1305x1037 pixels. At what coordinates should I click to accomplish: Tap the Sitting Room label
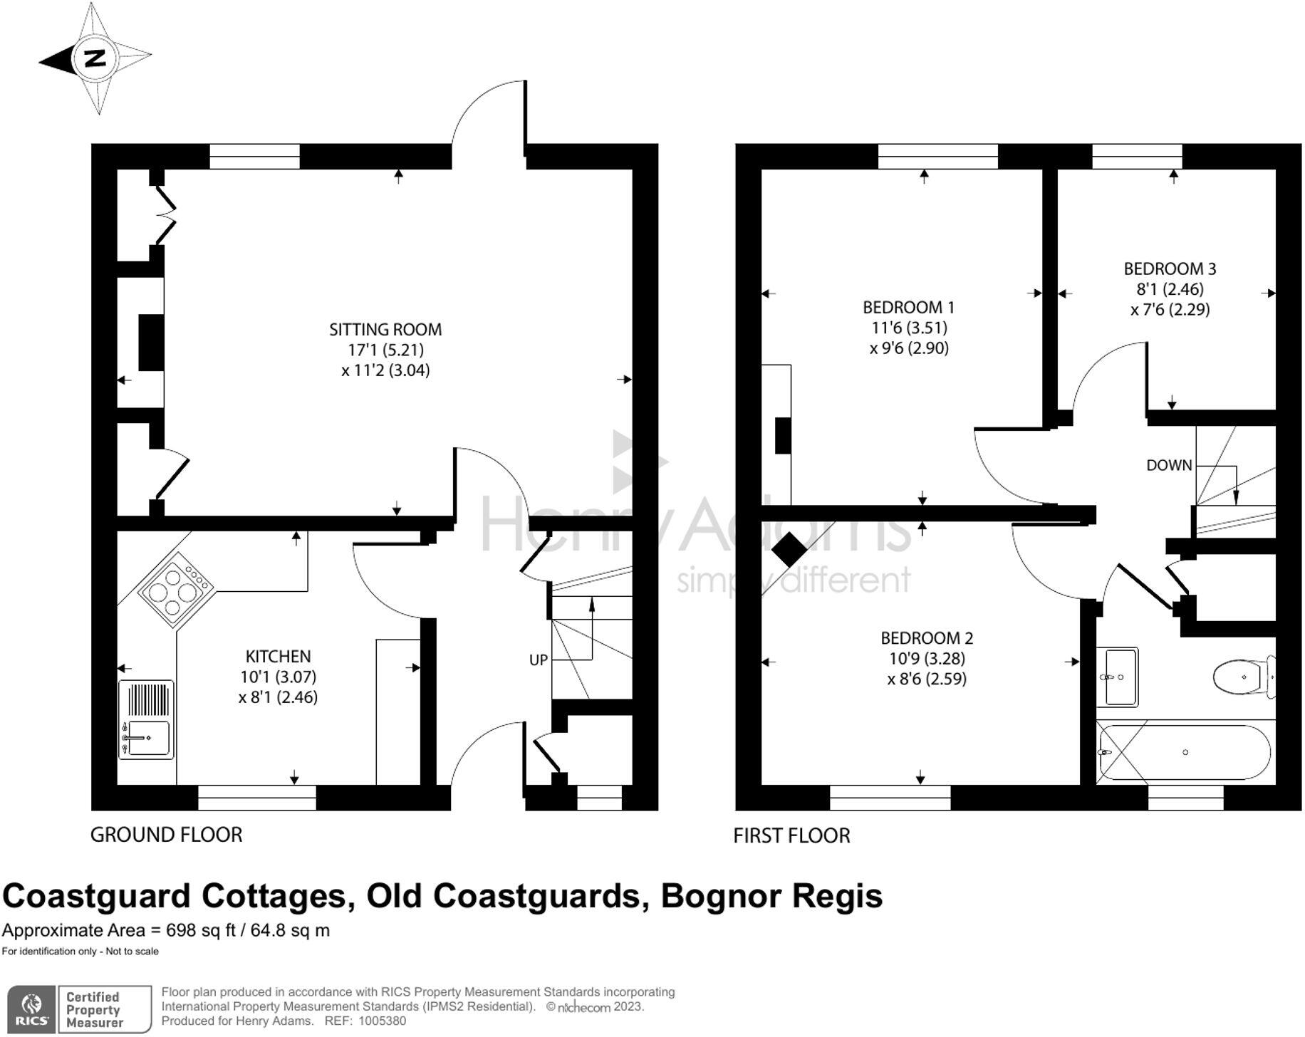pos(385,330)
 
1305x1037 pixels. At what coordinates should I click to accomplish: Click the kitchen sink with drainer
pos(146,719)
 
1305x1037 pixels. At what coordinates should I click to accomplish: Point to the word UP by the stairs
pos(539,660)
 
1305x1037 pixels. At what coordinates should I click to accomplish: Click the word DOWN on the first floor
pos(1169,465)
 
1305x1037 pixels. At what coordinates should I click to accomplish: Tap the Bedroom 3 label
pos(1170,269)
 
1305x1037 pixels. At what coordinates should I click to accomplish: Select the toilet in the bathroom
pos(1244,677)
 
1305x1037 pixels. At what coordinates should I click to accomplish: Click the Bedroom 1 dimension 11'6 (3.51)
pos(909,328)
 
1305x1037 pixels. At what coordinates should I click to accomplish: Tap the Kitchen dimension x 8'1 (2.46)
pos(278,697)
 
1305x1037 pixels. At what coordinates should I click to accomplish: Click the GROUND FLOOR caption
pos(166,835)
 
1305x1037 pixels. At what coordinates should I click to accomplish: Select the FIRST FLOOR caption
pos(791,835)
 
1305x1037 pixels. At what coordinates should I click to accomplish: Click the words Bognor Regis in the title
pos(771,895)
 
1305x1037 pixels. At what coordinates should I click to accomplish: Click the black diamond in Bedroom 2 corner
pos(789,549)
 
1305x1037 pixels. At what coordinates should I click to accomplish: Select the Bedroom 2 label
pos(927,638)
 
